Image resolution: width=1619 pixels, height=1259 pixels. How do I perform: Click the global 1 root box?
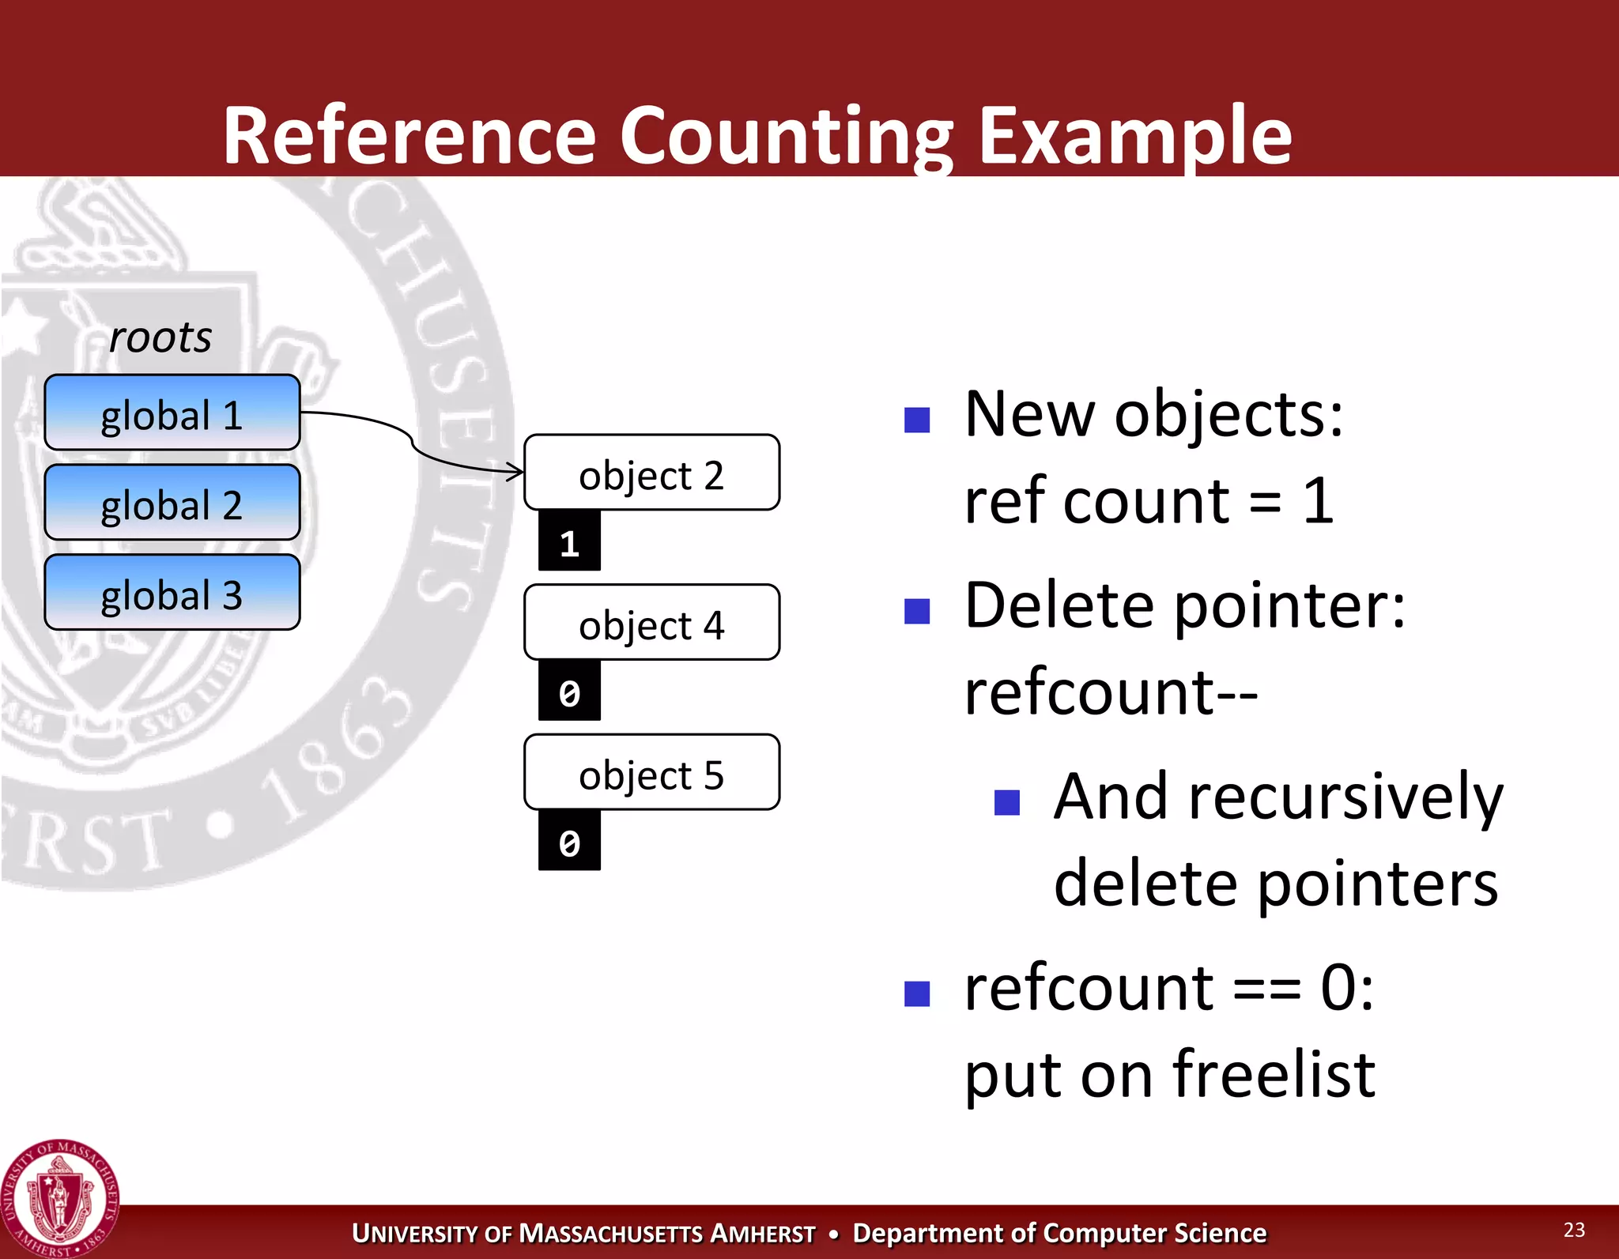(172, 413)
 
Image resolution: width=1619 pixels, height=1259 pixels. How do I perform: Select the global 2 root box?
(172, 503)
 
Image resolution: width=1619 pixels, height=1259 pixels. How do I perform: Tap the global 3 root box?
(172, 593)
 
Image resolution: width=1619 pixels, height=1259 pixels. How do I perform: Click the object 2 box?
(651, 473)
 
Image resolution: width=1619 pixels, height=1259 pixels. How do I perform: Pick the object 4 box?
(651, 623)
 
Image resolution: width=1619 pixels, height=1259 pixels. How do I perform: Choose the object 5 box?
(651, 773)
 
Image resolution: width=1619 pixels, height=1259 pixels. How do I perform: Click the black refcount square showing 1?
(569, 541)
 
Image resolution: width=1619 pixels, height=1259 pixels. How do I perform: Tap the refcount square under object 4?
(569, 692)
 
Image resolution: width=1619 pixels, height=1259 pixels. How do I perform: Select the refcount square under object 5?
(569, 842)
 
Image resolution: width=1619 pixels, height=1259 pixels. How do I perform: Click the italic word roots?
(160, 337)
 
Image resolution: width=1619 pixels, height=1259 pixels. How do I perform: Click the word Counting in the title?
(787, 136)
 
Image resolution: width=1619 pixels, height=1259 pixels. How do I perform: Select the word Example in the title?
(1134, 136)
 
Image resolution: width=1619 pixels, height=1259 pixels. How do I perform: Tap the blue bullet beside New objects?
(917, 420)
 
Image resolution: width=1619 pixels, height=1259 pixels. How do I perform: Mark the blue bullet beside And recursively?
(1007, 802)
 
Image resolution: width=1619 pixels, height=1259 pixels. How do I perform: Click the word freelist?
(1274, 1075)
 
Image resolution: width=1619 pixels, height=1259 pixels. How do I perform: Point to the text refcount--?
(1111, 692)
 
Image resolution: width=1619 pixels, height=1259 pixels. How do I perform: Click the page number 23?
(1574, 1230)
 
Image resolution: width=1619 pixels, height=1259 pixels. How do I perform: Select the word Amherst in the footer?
(763, 1234)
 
